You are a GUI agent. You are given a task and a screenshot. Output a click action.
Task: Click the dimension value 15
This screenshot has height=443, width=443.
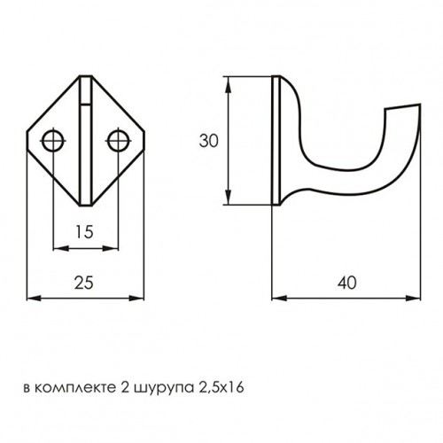coord(83,233)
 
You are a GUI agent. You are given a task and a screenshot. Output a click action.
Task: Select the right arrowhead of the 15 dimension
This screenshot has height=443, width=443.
coord(113,249)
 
